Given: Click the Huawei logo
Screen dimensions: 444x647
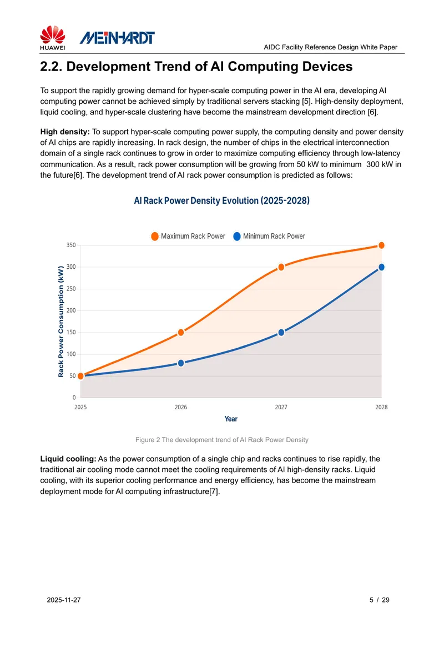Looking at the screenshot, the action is [x=52, y=38].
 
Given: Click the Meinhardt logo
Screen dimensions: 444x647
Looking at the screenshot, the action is [x=117, y=38].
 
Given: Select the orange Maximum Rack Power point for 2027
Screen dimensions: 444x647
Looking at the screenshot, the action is [x=281, y=267].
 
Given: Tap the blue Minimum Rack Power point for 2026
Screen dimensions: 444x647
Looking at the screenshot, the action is [x=181, y=363].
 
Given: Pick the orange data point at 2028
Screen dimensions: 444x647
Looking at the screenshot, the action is [x=381, y=245].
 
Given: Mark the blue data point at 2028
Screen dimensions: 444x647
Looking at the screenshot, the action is [x=381, y=267].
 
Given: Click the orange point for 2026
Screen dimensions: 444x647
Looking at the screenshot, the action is [x=181, y=332].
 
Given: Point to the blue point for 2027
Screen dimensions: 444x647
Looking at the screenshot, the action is [x=281, y=333].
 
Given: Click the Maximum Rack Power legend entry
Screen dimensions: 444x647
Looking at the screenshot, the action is [x=188, y=237].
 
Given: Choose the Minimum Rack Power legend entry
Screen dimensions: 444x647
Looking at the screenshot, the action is [x=269, y=237].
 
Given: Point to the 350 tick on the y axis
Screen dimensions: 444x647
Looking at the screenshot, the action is [x=72, y=245].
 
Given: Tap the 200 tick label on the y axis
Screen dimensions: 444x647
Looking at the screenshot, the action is [x=72, y=310].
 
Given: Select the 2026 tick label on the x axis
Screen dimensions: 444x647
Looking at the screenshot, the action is [x=181, y=407].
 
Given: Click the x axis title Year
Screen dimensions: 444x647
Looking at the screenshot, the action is [x=231, y=419].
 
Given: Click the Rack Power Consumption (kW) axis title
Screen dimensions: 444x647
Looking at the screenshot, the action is [x=61, y=322].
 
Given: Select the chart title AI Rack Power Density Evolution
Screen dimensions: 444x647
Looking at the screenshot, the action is [x=222, y=200].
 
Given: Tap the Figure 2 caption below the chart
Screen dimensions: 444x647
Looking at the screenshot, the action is [x=222, y=440].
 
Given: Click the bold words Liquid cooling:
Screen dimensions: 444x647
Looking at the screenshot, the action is [x=68, y=459].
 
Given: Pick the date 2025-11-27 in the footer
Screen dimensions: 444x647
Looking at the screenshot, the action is [x=64, y=600].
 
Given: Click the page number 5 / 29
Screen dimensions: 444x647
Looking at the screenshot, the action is [x=379, y=600].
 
